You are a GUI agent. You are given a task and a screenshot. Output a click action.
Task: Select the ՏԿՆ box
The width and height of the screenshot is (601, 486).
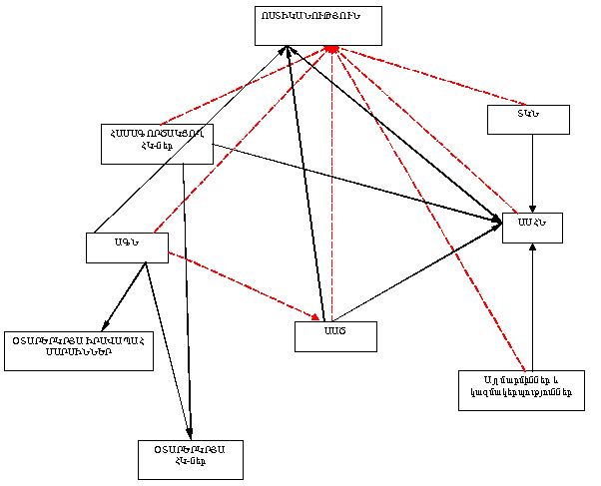coord(528,119)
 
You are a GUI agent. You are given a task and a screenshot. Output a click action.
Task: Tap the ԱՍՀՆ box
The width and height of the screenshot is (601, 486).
coord(532,228)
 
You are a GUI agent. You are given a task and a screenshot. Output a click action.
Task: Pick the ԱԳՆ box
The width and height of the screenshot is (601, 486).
coord(126,247)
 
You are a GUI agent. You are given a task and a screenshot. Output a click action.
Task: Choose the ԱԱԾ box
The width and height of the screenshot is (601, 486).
coord(335,336)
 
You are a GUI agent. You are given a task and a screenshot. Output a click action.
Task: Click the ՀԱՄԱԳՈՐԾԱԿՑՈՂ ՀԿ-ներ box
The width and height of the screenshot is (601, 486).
coord(158,143)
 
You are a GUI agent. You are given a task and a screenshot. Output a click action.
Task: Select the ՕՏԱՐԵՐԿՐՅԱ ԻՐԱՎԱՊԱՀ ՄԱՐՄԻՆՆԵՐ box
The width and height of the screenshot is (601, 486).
coord(79,350)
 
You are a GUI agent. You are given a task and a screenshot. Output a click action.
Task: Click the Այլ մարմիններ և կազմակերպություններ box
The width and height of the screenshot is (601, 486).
coord(521,390)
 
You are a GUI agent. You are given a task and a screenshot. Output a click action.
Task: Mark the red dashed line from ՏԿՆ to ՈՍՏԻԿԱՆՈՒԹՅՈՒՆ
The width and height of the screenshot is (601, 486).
coord(429,75)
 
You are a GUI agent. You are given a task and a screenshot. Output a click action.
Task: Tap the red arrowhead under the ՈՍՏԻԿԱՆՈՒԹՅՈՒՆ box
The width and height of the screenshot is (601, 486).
coord(331,49)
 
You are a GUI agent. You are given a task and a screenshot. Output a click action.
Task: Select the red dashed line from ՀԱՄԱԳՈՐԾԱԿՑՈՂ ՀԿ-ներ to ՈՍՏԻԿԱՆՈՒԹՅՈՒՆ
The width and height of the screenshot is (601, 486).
coord(245,86)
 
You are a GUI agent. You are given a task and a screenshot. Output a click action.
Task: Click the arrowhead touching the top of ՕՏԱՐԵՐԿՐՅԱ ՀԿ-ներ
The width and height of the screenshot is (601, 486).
coord(190,432)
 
